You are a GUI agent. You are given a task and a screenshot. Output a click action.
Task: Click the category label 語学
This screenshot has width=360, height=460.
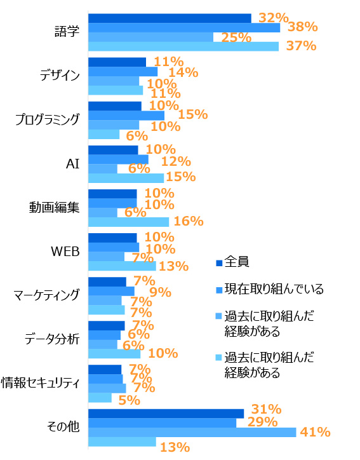coord(67,32)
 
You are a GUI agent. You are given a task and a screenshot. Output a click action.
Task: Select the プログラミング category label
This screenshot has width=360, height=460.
coord(48,119)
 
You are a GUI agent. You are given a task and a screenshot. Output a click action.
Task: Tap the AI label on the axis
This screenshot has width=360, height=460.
coord(72,163)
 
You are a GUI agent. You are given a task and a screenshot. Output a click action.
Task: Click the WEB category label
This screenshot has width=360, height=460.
coord(65,252)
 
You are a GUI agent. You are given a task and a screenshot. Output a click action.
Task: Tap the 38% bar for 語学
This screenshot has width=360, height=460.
coord(184,28)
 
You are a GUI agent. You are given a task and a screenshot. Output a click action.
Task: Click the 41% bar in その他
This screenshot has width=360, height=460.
coord(192,432)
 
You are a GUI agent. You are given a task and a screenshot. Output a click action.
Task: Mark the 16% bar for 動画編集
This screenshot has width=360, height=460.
coord(128,222)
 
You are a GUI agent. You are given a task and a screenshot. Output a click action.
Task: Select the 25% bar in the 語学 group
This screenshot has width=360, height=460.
coord(150,37)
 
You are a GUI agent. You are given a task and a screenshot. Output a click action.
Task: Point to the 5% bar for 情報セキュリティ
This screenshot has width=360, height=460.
coord(100,398)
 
